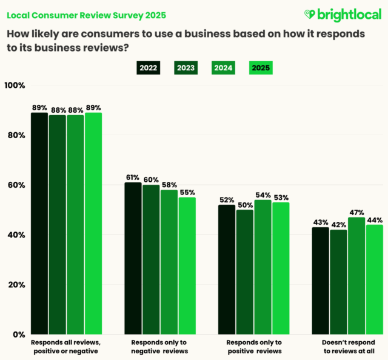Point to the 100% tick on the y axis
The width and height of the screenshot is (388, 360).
click(x=15, y=86)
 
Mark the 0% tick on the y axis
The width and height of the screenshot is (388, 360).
click(x=19, y=335)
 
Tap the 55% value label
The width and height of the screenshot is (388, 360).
click(x=187, y=192)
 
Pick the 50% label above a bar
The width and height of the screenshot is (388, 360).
click(x=245, y=204)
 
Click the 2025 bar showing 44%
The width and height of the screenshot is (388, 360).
click(x=375, y=279)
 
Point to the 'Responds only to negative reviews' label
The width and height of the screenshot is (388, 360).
click(x=160, y=346)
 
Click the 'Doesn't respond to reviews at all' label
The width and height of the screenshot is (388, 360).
click(x=347, y=346)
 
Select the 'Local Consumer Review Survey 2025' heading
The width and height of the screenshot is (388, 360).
click(x=85, y=14)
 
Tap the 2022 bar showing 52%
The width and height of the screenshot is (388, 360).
click(x=227, y=269)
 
